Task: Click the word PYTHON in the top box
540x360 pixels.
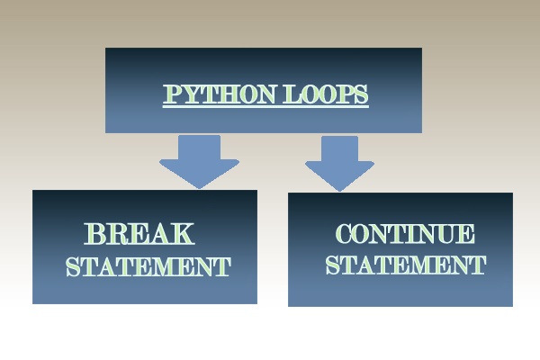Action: [220, 94]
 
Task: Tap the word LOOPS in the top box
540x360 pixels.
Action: [326, 94]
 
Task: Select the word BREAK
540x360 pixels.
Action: [139, 234]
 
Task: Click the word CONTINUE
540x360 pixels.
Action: [405, 234]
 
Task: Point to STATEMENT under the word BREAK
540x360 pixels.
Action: [148, 266]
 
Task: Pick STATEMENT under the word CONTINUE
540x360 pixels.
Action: [406, 265]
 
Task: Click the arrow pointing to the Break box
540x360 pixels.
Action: [200, 162]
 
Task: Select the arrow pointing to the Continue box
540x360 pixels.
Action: [339, 164]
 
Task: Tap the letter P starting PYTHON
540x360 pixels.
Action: [173, 94]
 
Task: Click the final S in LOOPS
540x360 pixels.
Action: [361, 94]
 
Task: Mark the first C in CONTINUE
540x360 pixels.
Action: [345, 234]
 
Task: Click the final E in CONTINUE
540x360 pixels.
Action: [466, 234]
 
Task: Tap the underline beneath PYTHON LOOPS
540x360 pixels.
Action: [265, 106]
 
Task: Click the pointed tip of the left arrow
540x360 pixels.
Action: [200, 189]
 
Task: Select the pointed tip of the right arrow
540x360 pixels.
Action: [340, 192]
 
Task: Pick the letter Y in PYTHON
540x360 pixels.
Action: [193, 94]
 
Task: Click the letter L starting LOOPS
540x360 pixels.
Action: [292, 94]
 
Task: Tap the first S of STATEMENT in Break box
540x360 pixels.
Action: [73, 267]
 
